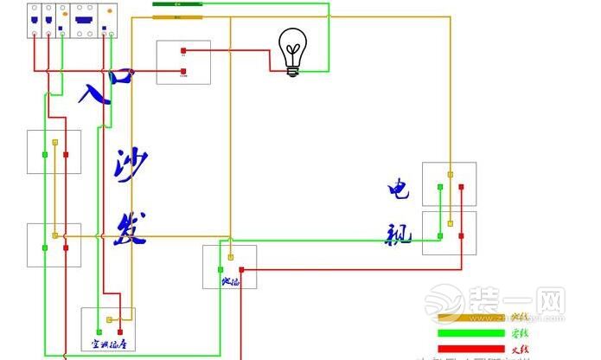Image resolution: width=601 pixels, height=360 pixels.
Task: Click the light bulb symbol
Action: pyautogui.click(x=292, y=52)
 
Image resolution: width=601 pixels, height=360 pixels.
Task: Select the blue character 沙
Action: pyautogui.click(x=130, y=166)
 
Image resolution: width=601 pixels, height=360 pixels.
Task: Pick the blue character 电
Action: pyautogui.click(x=400, y=189)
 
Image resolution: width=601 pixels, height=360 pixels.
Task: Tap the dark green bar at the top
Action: pyautogui.click(x=177, y=3)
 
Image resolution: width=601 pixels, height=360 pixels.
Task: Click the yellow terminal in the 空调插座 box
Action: pyautogui.click(x=110, y=320)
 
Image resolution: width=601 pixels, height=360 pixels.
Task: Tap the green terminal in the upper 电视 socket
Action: pyautogui.click(x=439, y=187)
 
